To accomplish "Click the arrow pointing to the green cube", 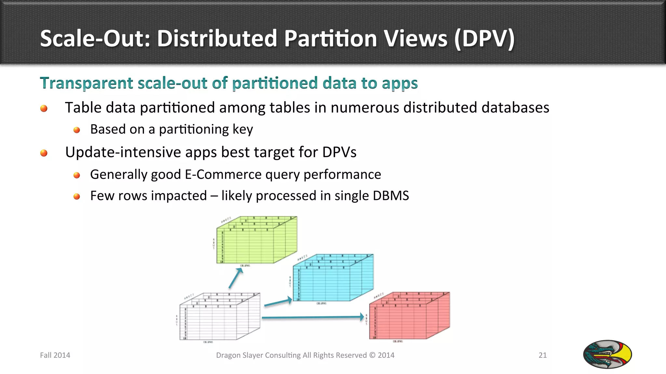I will (236, 279).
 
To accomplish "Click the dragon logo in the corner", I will (607, 354).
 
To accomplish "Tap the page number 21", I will (542, 355).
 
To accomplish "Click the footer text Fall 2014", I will (55, 355).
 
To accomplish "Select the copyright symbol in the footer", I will (372, 355).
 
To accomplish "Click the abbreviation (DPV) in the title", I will (484, 39).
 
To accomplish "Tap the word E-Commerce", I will (223, 175).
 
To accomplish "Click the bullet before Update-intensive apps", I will (44, 153).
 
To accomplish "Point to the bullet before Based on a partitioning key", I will (77, 130).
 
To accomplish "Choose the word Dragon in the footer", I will (228, 355).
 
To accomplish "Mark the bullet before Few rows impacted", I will (77, 196).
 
